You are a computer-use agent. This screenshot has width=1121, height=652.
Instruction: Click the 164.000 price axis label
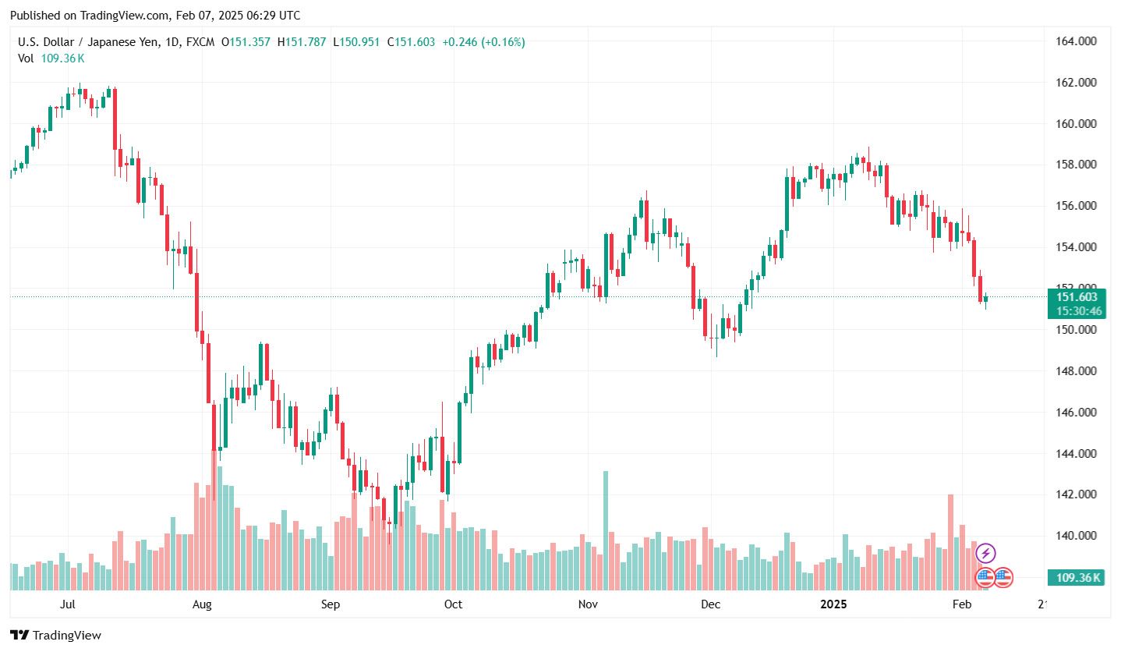[1077, 41]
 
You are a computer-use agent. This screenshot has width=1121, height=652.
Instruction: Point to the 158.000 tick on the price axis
[1077, 165]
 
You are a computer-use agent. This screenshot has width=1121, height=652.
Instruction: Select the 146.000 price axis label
[1077, 413]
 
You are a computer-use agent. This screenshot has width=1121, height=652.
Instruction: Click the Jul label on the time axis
[67, 604]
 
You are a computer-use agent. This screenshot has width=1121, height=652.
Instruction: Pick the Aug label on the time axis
[202, 604]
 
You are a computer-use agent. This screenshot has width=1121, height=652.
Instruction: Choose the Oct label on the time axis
[453, 604]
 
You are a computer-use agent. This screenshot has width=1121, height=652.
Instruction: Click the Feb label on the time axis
[962, 604]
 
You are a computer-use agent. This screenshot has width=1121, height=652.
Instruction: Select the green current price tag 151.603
[1077, 297]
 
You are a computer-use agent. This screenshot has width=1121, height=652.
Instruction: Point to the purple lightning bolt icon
[985, 554]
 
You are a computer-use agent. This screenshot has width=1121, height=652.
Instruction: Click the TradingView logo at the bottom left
[55, 636]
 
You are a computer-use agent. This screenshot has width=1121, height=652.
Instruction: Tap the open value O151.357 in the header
[246, 42]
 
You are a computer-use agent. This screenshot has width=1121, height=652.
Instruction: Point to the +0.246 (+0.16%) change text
[483, 42]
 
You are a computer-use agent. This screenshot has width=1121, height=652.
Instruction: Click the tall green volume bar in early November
[606, 530]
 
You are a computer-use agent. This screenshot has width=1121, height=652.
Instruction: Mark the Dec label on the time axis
[709, 604]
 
